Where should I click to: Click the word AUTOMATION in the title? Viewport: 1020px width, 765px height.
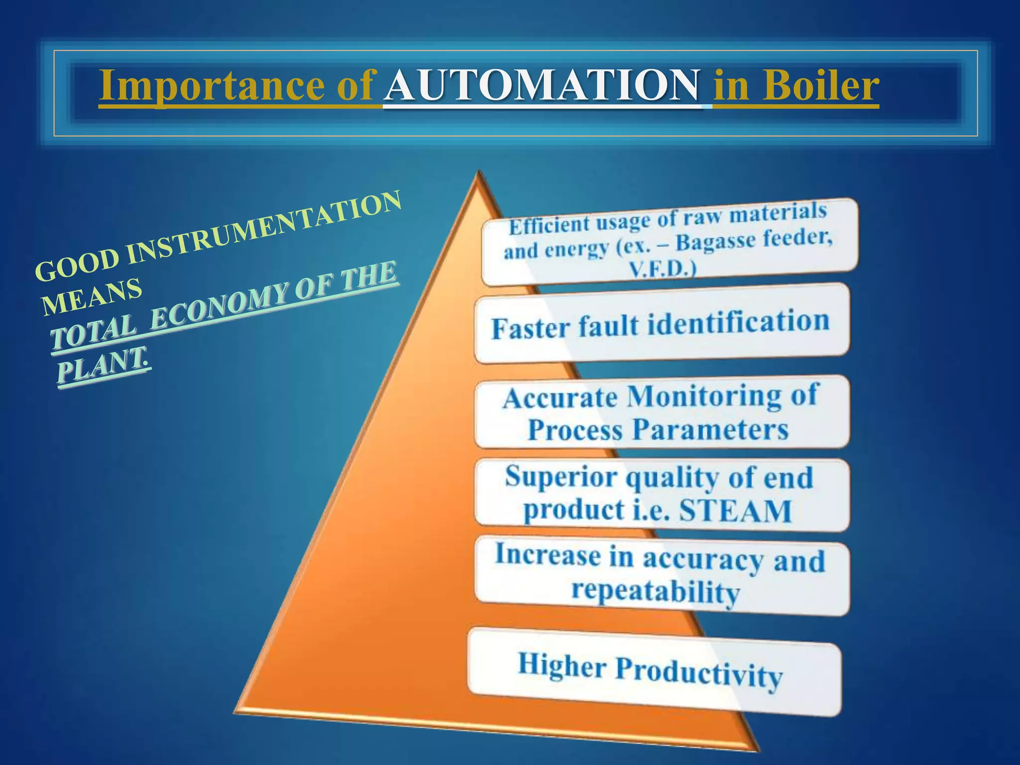[543, 86]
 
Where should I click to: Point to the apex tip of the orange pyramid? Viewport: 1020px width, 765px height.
[479, 172]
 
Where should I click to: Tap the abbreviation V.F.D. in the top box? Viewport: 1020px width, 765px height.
[662, 270]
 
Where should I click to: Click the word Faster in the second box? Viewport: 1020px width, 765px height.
[530, 328]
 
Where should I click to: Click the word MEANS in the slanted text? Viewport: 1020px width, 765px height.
[92, 296]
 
